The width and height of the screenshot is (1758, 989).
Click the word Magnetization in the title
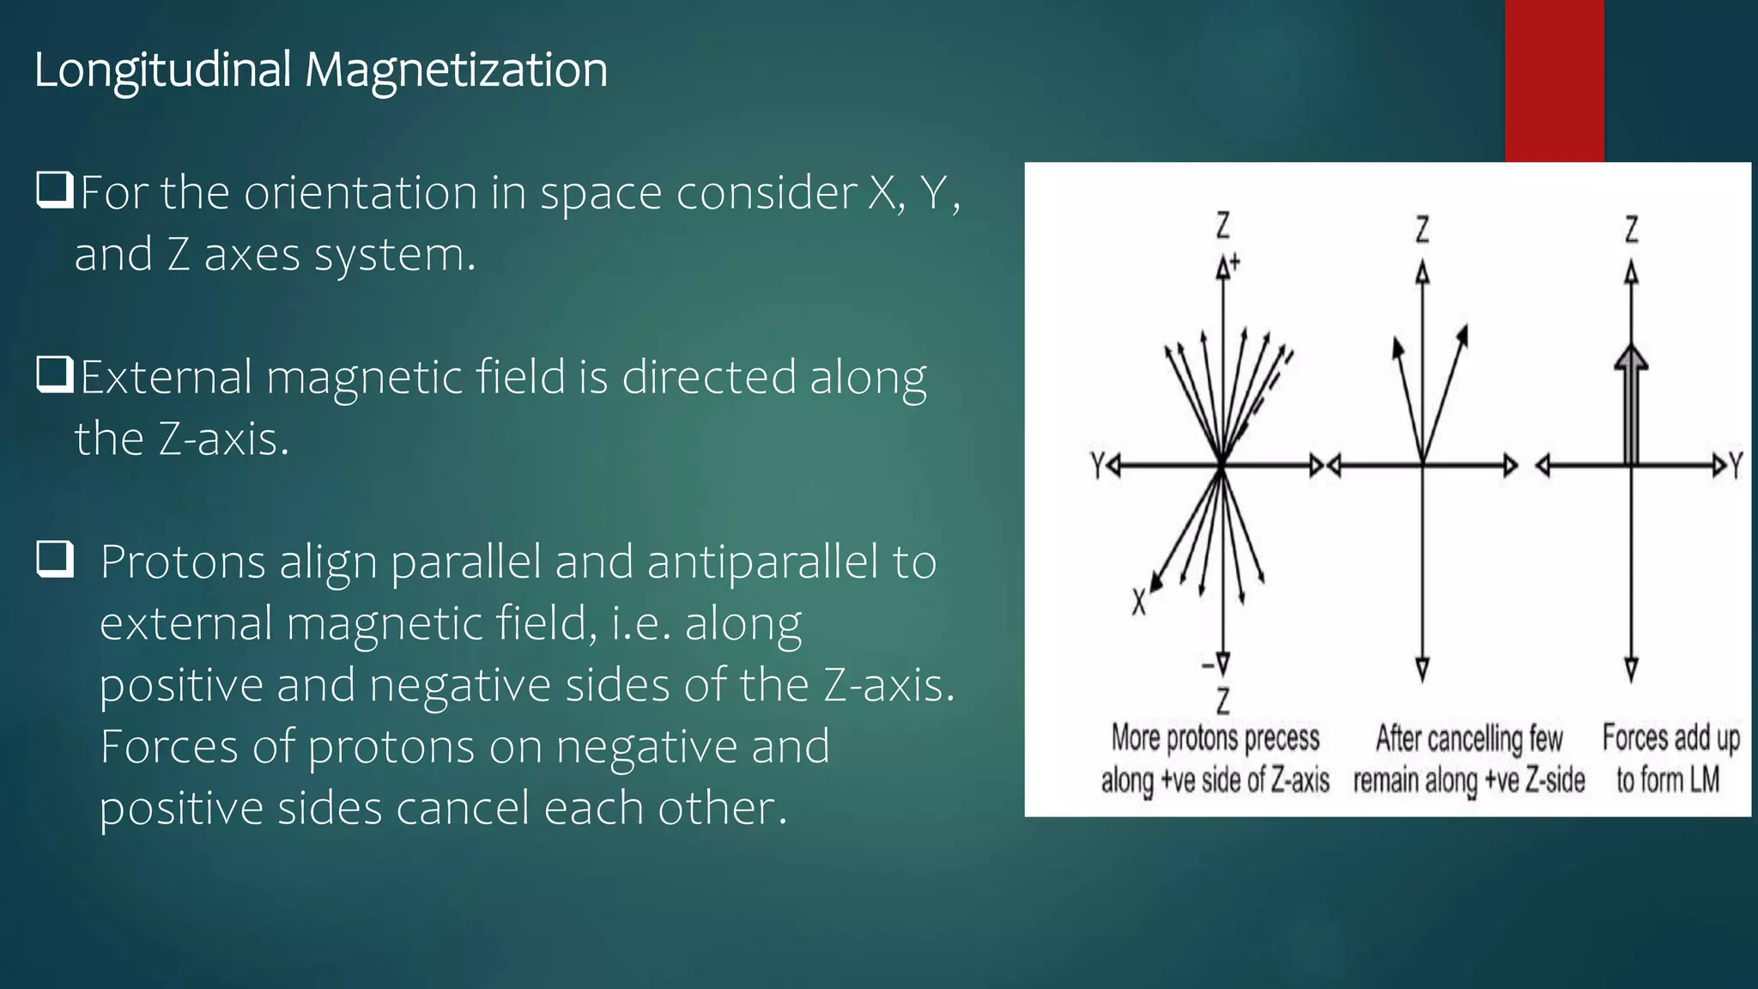point(456,70)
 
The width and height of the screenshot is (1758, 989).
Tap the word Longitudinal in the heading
point(162,70)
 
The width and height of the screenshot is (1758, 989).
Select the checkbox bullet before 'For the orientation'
point(54,190)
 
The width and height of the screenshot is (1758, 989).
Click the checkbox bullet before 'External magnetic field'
point(54,374)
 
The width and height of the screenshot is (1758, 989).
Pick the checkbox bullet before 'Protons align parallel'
point(54,559)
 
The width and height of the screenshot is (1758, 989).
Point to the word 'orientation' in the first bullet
point(361,192)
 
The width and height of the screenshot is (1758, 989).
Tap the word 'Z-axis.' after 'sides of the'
point(888,685)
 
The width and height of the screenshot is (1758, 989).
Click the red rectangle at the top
point(1554,81)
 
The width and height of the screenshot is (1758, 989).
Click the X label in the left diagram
point(1138,602)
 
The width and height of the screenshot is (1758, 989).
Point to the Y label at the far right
point(1736,466)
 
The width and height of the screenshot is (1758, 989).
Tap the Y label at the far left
point(1097,465)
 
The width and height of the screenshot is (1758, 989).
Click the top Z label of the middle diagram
point(1422,229)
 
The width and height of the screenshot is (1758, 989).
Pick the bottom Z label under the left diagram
point(1223,701)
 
